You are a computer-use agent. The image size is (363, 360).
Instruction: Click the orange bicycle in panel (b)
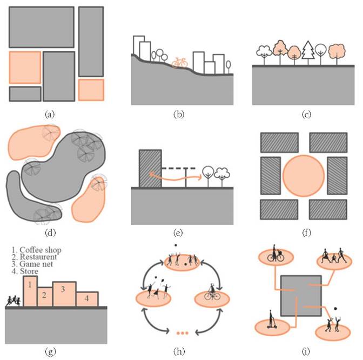tap(180, 62)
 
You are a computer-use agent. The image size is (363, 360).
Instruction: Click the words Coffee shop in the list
tap(43, 250)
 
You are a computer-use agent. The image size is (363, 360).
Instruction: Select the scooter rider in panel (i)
tap(271, 323)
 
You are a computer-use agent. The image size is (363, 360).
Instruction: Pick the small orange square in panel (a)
tap(91, 90)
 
